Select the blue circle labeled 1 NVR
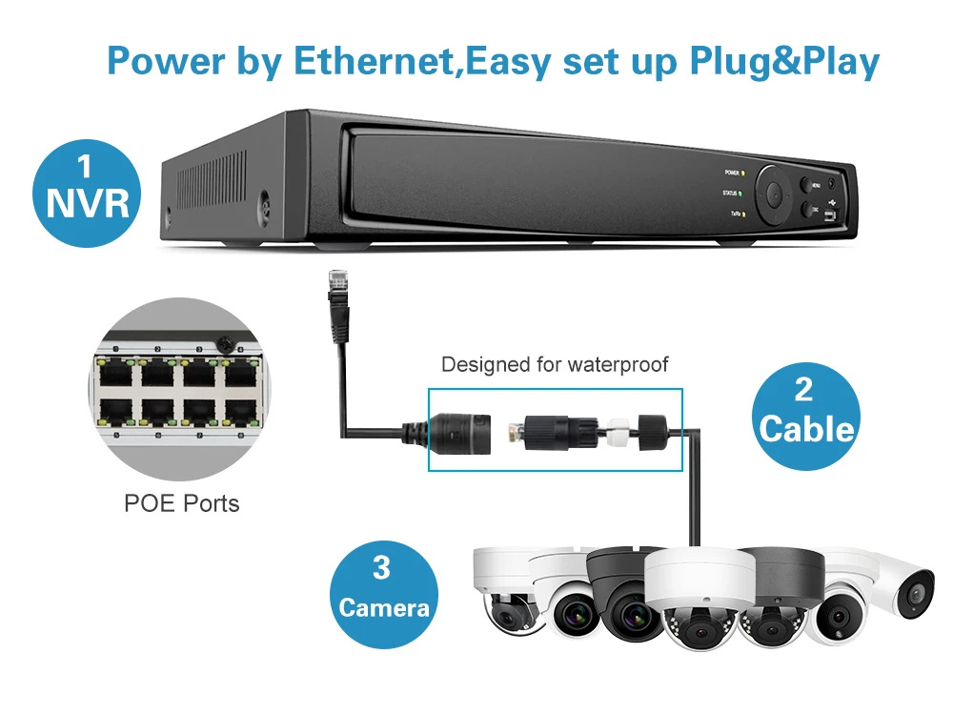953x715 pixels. tap(86, 187)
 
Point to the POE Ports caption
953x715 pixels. tap(182, 502)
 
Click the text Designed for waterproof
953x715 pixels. tap(555, 364)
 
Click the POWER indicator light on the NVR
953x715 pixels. tap(743, 174)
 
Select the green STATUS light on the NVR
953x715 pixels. tap(743, 194)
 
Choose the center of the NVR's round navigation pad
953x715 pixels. tap(776, 194)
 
